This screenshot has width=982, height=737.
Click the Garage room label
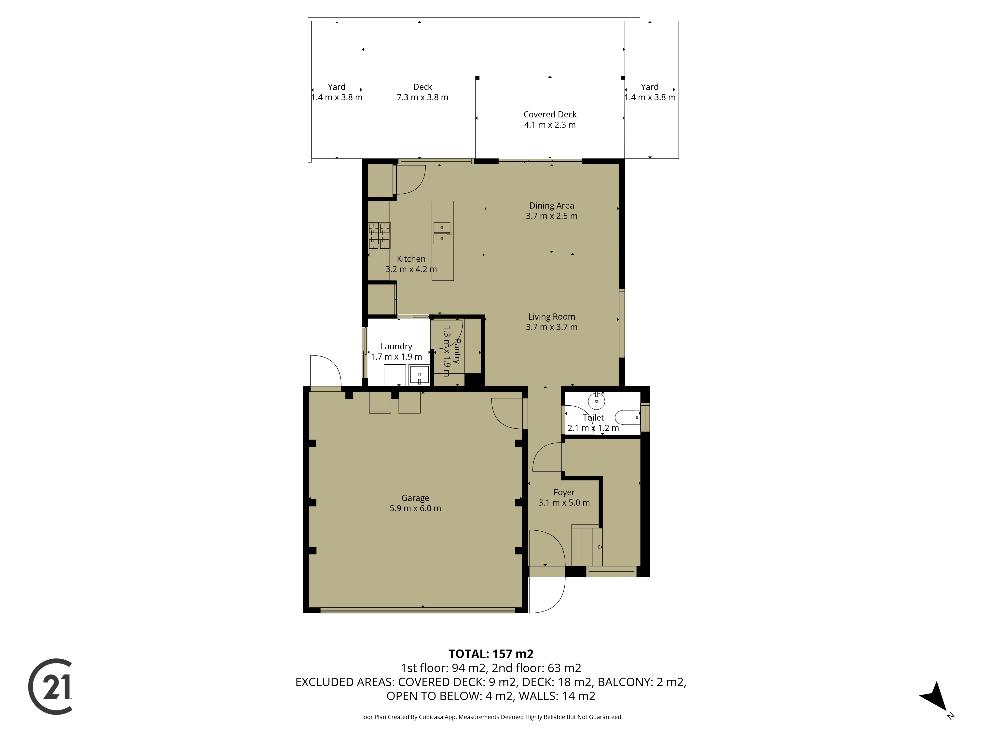[x=415, y=498]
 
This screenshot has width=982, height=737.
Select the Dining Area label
[x=551, y=206]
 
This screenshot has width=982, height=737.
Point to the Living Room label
[x=551, y=317]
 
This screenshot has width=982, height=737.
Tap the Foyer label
[x=564, y=492]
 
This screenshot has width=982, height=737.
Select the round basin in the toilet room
[x=596, y=401]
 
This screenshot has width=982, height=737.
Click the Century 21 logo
[x=50, y=686]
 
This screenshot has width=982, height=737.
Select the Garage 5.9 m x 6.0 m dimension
[x=415, y=508]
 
